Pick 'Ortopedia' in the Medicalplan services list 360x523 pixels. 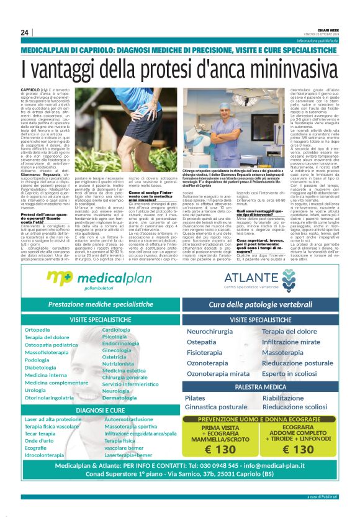click(37, 329)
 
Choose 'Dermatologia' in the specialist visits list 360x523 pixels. click(119, 397)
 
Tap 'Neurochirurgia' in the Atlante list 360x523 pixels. click(210, 332)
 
